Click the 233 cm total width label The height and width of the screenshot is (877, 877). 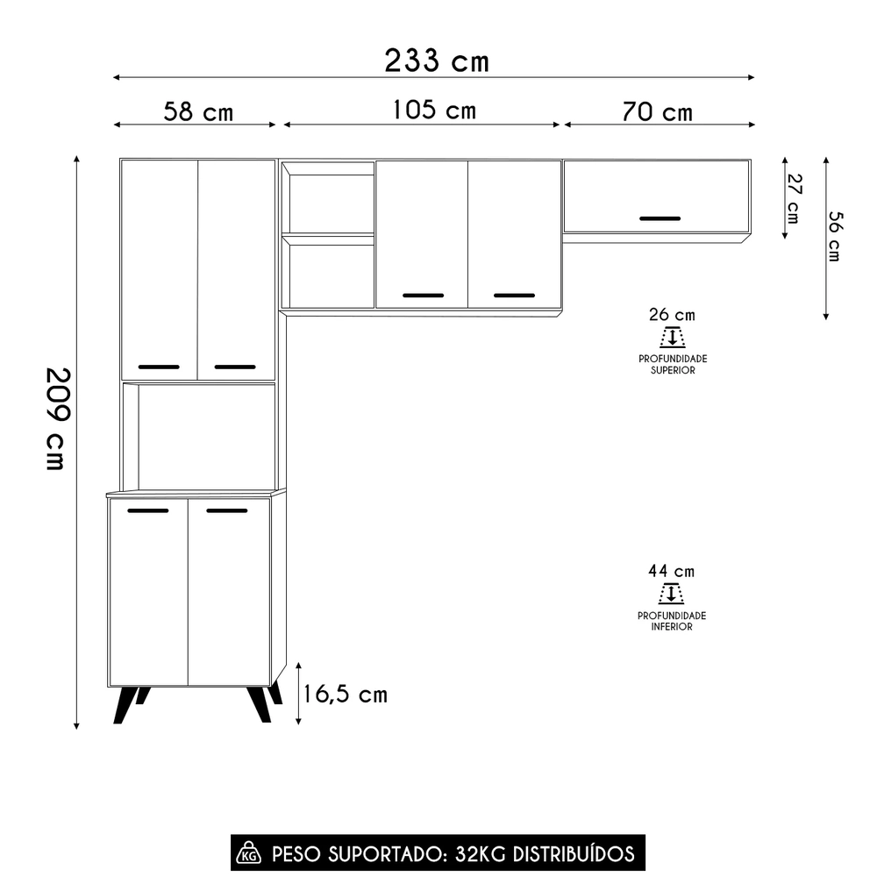click(x=436, y=61)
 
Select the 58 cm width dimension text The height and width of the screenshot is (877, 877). click(x=198, y=112)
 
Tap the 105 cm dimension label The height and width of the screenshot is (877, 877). click(x=434, y=111)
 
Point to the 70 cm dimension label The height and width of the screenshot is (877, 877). click(x=657, y=112)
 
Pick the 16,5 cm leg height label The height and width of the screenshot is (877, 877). click(x=345, y=695)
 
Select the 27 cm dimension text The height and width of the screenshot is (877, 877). click(x=794, y=198)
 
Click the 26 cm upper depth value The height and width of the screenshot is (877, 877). click(x=672, y=315)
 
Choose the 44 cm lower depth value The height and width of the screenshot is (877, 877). click(x=671, y=571)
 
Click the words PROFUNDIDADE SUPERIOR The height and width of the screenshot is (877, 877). click(x=673, y=365)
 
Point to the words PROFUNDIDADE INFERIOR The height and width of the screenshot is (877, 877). click(x=672, y=621)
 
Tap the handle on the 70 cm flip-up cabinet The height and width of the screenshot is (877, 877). click(x=660, y=217)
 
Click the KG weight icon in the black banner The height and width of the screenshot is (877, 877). click(x=249, y=853)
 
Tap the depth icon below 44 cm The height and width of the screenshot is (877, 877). click(x=671, y=595)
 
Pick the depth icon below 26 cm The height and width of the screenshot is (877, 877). click(x=672, y=338)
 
